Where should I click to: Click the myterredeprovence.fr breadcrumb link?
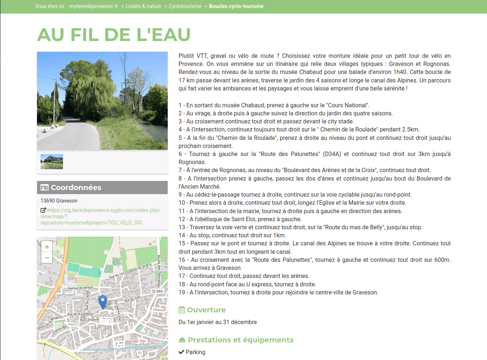(93, 6)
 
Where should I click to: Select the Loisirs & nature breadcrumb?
(143, 6)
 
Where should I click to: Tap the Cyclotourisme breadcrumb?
(185, 6)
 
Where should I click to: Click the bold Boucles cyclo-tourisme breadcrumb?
(236, 6)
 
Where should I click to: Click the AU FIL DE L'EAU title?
(114, 35)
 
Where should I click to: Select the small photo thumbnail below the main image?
(52, 162)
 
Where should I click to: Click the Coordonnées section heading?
(76, 188)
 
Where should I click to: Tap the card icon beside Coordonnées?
(45, 188)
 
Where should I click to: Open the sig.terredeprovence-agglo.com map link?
(100, 216)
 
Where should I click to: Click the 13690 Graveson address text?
(59, 201)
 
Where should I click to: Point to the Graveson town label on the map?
(105, 315)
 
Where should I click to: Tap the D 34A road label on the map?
(157, 291)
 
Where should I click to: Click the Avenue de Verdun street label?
(81, 288)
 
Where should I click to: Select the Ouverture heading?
(206, 310)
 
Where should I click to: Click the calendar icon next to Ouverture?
(182, 310)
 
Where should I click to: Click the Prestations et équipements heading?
(241, 340)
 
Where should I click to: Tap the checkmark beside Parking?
(181, 352)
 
